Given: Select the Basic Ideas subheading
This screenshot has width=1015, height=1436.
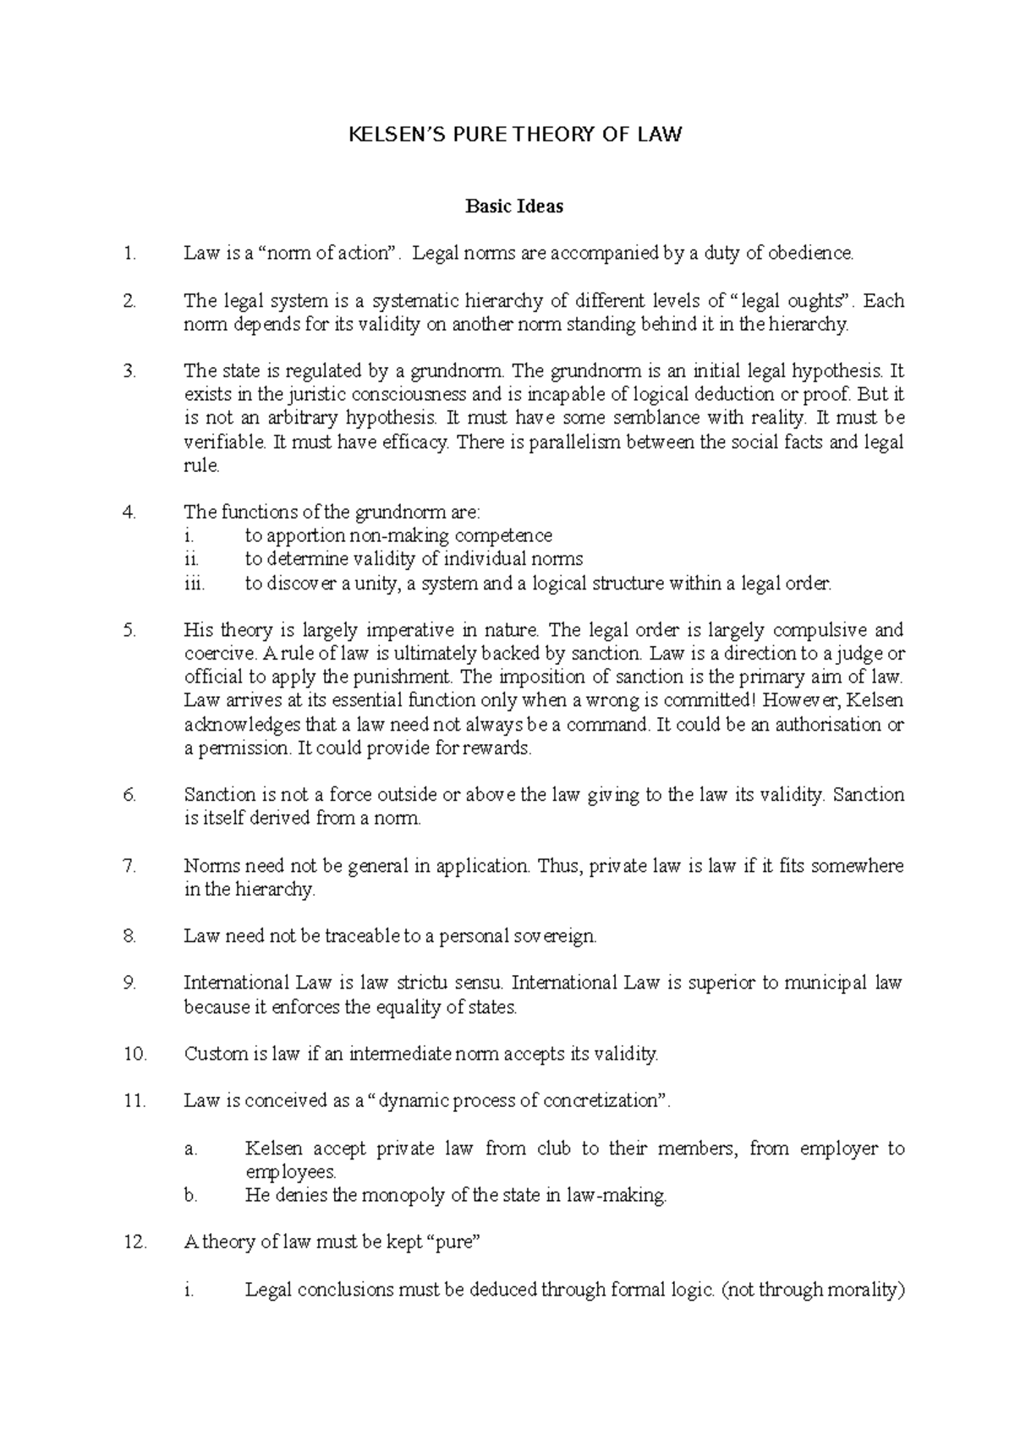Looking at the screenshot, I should (514, 206).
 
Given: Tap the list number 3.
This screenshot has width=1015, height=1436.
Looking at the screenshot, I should (129, 370).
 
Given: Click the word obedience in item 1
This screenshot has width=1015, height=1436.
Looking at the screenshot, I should (812, 253).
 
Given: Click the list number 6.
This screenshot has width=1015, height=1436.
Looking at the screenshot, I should (129, 795).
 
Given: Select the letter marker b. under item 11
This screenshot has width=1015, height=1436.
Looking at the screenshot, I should (190, 1196).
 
